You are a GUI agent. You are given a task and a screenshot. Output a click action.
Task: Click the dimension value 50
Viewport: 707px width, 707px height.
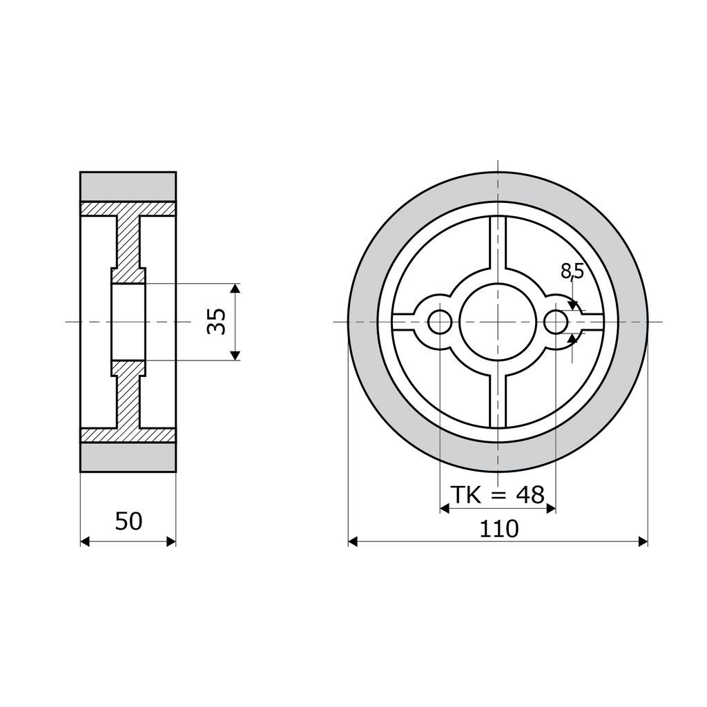click(128, 521)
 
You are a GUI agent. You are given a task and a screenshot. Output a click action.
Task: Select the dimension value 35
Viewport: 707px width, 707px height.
click(217, 322)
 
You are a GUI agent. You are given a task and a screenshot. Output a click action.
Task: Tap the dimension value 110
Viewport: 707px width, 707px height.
click(498, 529)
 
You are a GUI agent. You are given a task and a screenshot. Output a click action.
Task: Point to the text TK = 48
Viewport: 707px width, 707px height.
click(498, 495)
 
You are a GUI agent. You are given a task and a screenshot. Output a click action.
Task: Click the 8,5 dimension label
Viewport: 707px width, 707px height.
click(572, 271)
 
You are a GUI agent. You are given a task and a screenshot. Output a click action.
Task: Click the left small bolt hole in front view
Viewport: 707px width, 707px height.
click(440, 322)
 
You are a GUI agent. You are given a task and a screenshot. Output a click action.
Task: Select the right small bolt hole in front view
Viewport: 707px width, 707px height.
click(556, 322)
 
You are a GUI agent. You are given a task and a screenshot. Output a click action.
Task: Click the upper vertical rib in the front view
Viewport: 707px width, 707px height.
click(498, 244)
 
